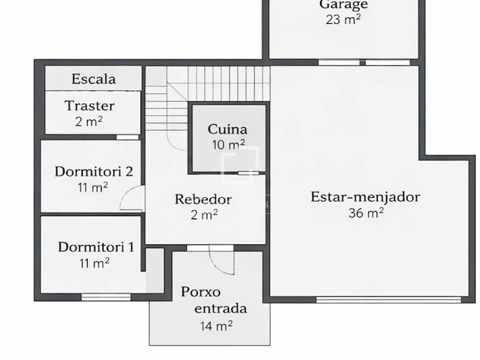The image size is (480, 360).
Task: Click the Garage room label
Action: (343, 4)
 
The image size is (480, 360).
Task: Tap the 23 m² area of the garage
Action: (343, 20)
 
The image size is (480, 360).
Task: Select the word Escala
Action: (93, 79)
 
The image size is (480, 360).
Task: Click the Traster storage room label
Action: (89, 106)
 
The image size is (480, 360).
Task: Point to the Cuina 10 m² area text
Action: (228, 145)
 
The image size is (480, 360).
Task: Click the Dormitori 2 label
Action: (94, 172)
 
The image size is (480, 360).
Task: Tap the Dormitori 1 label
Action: (96, 247)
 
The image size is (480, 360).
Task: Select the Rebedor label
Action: (203, 199)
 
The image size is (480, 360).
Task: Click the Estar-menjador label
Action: (365, 197)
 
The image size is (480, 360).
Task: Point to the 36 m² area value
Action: (366, 213)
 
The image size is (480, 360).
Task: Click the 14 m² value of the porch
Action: (216, 326)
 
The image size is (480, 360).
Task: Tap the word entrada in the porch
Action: (220, 309)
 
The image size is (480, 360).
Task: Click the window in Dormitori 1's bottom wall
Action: (106, 297)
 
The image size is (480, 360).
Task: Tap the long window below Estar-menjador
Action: (388, 299)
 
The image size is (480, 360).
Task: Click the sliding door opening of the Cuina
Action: (248, 173)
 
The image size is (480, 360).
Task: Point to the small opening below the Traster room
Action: (127, 137)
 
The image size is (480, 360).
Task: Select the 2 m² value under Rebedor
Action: (204, 215)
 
